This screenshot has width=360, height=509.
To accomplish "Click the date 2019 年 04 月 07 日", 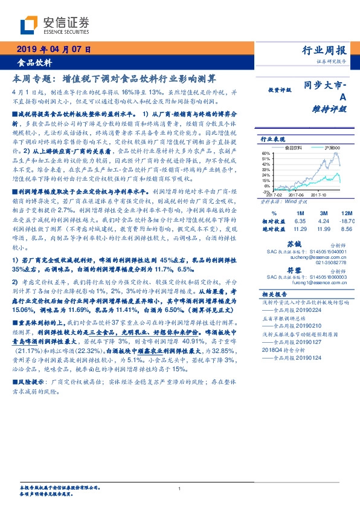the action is click(53, 50).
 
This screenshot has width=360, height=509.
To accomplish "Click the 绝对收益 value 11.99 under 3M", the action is click(324, 230).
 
